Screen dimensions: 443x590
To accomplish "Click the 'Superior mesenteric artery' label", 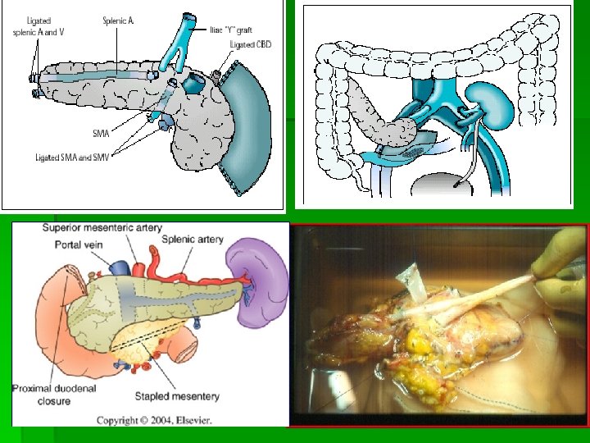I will (x=102, y=227).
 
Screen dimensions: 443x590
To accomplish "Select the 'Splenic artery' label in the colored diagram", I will (x=193, y=240).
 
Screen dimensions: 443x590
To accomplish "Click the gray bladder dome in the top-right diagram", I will (x=447, y=184).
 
